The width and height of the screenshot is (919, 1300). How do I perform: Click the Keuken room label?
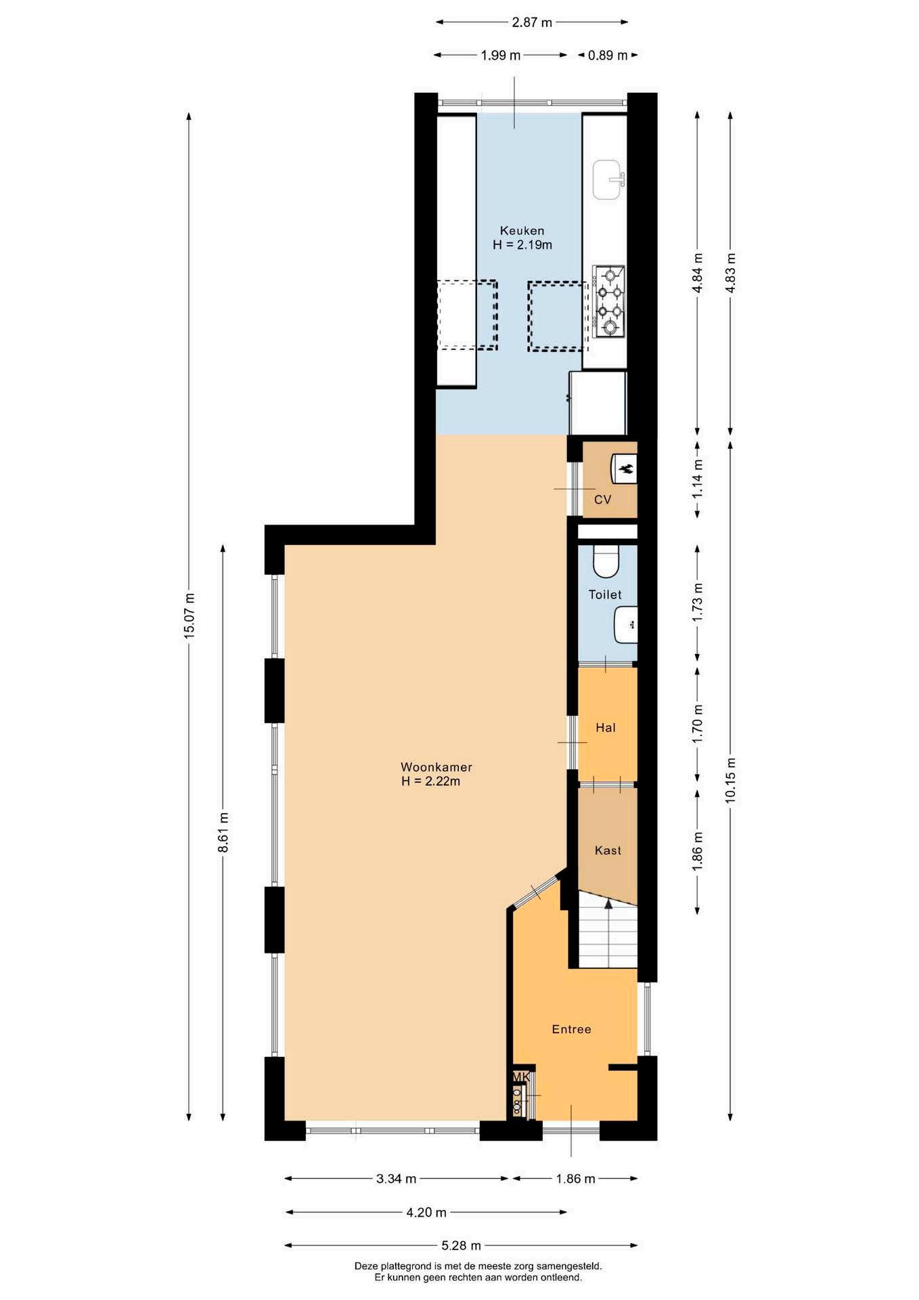522,231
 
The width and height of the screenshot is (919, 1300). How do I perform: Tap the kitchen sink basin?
608,180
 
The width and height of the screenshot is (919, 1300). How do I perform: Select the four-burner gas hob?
608,301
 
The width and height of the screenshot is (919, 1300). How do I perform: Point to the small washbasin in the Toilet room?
626,625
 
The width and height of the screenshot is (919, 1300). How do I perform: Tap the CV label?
602,500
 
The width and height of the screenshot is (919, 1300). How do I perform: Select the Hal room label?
606,728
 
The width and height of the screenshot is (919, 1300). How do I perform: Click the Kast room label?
608,850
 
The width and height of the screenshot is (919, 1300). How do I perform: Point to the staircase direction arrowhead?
608,903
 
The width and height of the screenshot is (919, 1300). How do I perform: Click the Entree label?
571,1029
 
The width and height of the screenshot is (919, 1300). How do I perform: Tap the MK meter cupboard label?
520,1077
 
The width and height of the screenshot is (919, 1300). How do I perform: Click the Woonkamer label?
436,767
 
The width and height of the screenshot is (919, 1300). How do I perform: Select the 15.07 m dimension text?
189,615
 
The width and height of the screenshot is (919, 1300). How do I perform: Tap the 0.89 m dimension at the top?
608,56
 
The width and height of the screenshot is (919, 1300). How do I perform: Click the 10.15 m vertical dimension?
730,780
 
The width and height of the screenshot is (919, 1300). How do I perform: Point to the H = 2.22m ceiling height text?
430,781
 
